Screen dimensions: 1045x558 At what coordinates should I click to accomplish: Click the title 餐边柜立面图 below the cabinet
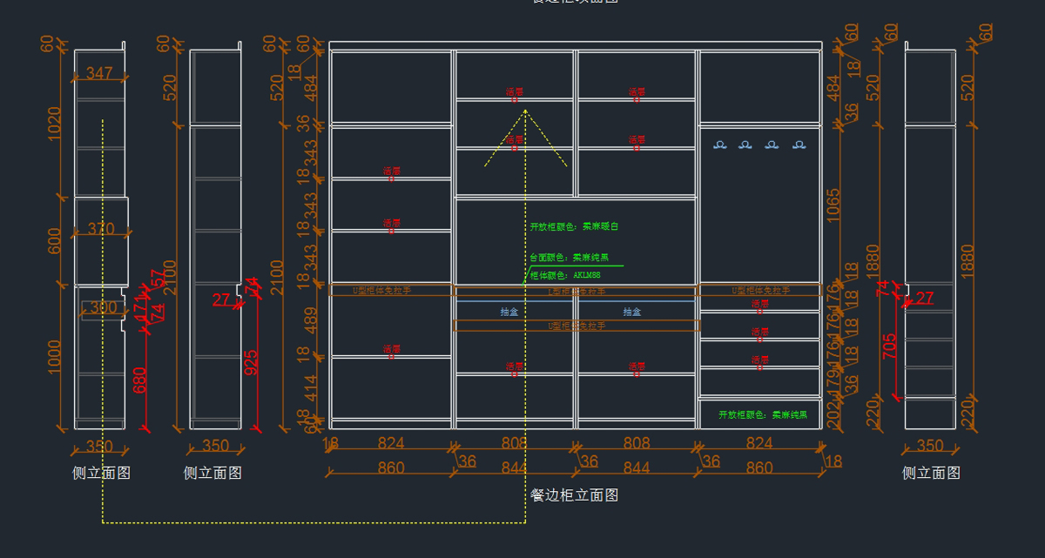pyautogui.click(x=575, y=495)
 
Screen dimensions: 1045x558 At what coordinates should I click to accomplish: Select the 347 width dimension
pyautogui.click(x=100, y=74)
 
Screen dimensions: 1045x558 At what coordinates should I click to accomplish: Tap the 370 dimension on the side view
pyautogui.click(x=101, y=230)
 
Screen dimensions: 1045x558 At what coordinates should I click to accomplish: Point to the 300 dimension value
pyautogui.click(x=103, y=307)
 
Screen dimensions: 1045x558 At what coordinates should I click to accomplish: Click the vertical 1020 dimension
pyautogui.click(x=54, y=124)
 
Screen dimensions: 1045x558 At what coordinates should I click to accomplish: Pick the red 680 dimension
pyautogui.click(x=140, y=380)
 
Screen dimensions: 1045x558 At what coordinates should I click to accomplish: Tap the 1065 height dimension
pyautogui.click(x=833, y=205)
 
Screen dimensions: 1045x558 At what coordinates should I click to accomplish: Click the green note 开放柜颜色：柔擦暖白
pyautogui.click(x=574, y=226)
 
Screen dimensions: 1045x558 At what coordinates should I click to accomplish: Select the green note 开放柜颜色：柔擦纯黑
pyautogui.click(x=763, y=414)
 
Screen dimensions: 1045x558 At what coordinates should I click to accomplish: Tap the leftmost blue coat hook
pyautogui.click(x=719, y=145)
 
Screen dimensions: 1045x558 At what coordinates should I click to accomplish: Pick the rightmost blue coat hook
pyautogui.click(x=799, y=145)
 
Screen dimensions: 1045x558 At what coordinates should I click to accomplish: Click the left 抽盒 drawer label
pyautogui.click(x=509, y=312)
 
